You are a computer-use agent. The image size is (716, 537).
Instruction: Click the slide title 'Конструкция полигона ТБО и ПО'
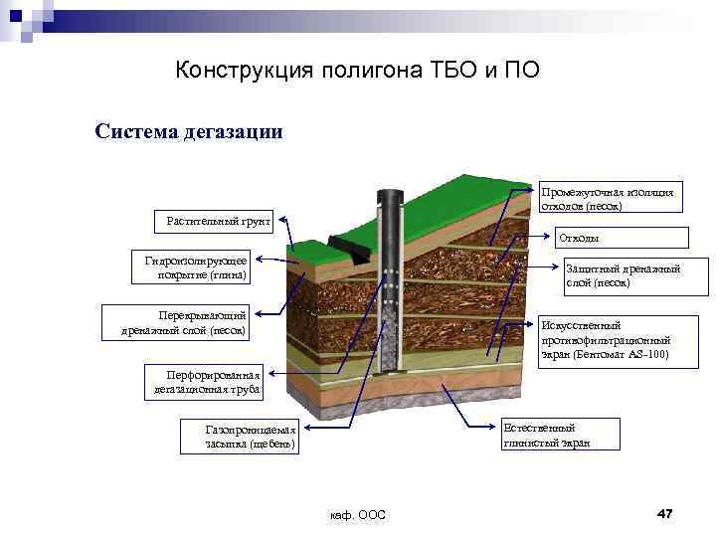click(x=357, y=71)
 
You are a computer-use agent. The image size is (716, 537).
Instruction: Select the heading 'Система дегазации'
click(x=189, y=131)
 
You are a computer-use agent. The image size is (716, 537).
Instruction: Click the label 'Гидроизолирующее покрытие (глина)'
click(x=195, y=268)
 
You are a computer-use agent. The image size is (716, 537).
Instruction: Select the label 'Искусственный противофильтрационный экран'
click(x=617, y=339)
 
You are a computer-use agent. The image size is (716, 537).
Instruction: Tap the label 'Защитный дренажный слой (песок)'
click(x=623, y=276)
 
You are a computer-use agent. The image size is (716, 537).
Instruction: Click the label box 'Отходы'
click(x=621, y=237)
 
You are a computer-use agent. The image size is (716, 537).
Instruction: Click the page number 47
click(x=665, y=513)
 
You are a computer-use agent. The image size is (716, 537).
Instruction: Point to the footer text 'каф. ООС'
click(x=357, y=514)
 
